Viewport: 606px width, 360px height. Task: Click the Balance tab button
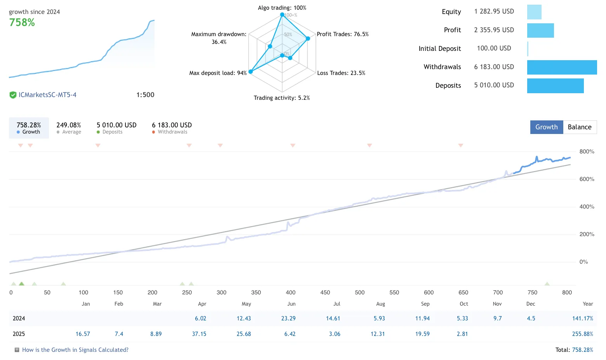pyautogui.click(x=580, y=127)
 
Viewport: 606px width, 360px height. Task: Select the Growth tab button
pyautogui.click(x=546, y=127)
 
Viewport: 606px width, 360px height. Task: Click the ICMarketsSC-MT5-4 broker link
pyautogui.click(x=47, y=95)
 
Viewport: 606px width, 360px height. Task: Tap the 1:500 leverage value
pyautogui.click(x=145, y=95)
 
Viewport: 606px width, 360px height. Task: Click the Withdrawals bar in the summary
pyautogui.click(x=562, y=67)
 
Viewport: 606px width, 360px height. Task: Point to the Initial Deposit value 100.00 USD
pyautogui.click(x=494, y=48)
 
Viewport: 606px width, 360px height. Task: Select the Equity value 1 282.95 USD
pyautogui.click(x=494, y=11)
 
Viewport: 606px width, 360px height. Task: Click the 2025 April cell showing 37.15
pyautogui.click(x=199, y=334)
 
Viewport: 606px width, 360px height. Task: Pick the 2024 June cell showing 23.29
pyautogui.click(x=288, y=318)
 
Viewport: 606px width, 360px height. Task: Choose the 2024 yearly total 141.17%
pyautogui.click(x=582, y=318)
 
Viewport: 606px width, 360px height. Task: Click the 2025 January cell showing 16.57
pyautogui.click(x=83, y=334)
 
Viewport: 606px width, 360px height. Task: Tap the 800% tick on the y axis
pyautogui.click(x=587, y=151)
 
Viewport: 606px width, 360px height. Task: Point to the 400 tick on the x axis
pyautogui.click(x=290, y=292)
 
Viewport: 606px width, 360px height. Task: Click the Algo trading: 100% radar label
pyautogui.click(x=282, y=8)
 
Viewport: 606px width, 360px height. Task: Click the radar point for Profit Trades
pyautogui.click(x=308, y=38)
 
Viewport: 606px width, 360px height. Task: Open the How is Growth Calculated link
pyautogui.click(x=75, y=350)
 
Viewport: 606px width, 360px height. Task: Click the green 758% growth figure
pyautogui.click(x=22, y=23)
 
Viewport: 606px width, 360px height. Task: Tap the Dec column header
pyautogui.click(x=531, y=304)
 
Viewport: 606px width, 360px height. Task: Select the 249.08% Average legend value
pyautogui.click(x=69, y=125)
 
